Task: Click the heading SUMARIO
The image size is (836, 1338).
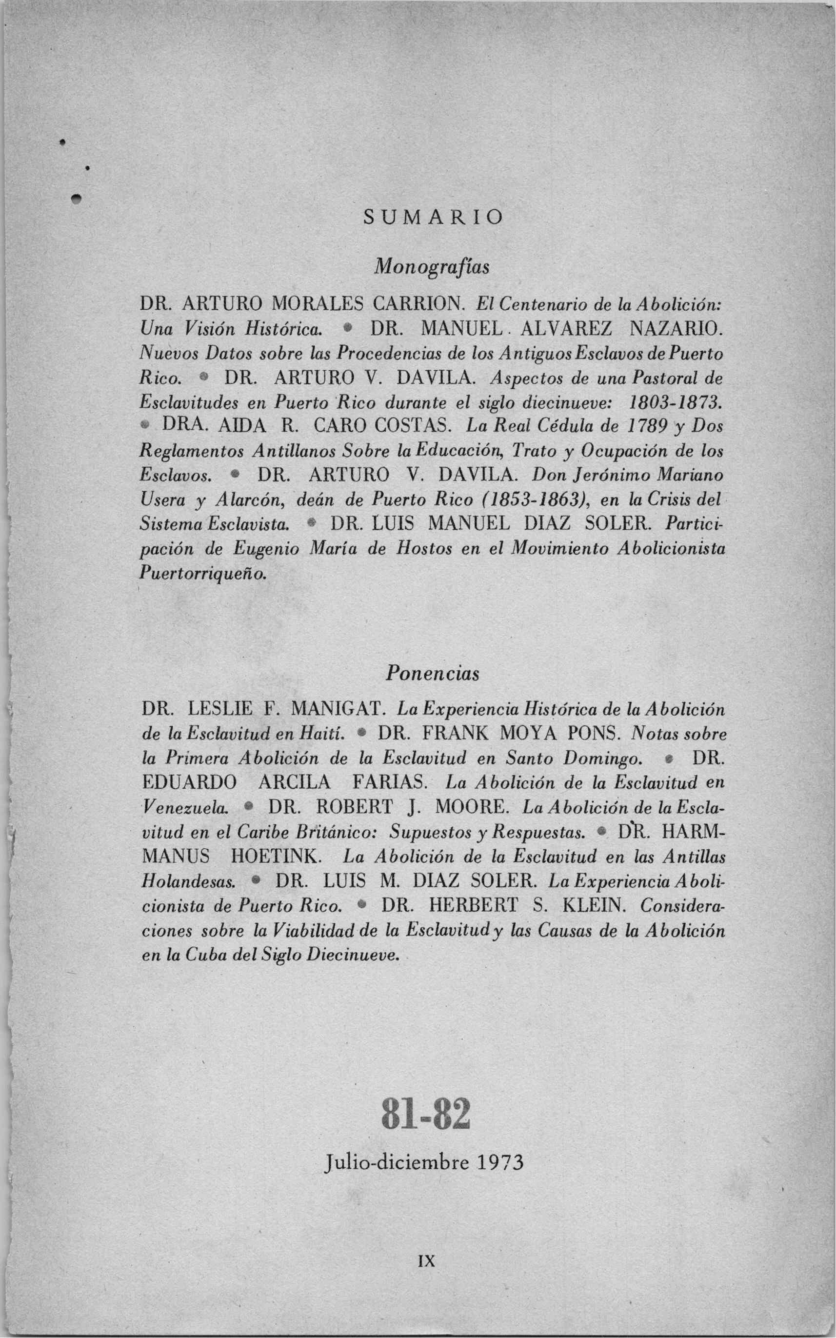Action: [x=433, y=217]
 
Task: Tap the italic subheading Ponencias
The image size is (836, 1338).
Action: [x=432, y=674]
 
